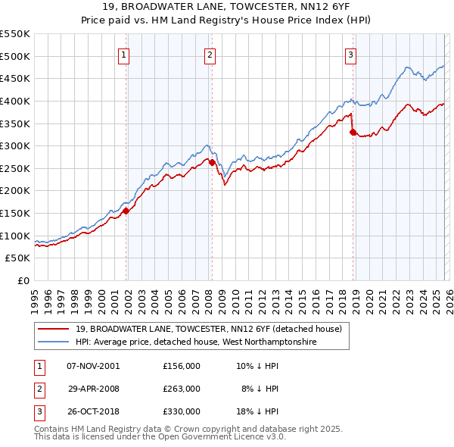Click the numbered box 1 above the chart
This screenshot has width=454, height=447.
(x=123, y=54)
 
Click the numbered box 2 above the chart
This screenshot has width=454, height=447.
(x=209, y=54)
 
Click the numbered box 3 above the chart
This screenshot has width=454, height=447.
(x=351, y=54)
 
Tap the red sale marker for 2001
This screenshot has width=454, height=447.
(x=126, y=211)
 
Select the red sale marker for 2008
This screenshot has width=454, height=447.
(x=213, y=162)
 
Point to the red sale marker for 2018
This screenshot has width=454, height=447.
(x=353, y=132)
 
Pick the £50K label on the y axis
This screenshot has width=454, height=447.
(x=18, y=258)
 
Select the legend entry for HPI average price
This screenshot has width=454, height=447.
(x=195, y=342)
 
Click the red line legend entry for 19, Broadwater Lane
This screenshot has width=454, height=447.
(x=209, y=329)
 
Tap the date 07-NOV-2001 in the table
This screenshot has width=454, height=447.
(x=93, y=365)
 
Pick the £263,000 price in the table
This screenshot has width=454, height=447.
(x=182, y=389)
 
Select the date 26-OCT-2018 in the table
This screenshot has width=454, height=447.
(x=93, y=412)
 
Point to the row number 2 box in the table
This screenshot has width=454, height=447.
(x=39, y=389)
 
